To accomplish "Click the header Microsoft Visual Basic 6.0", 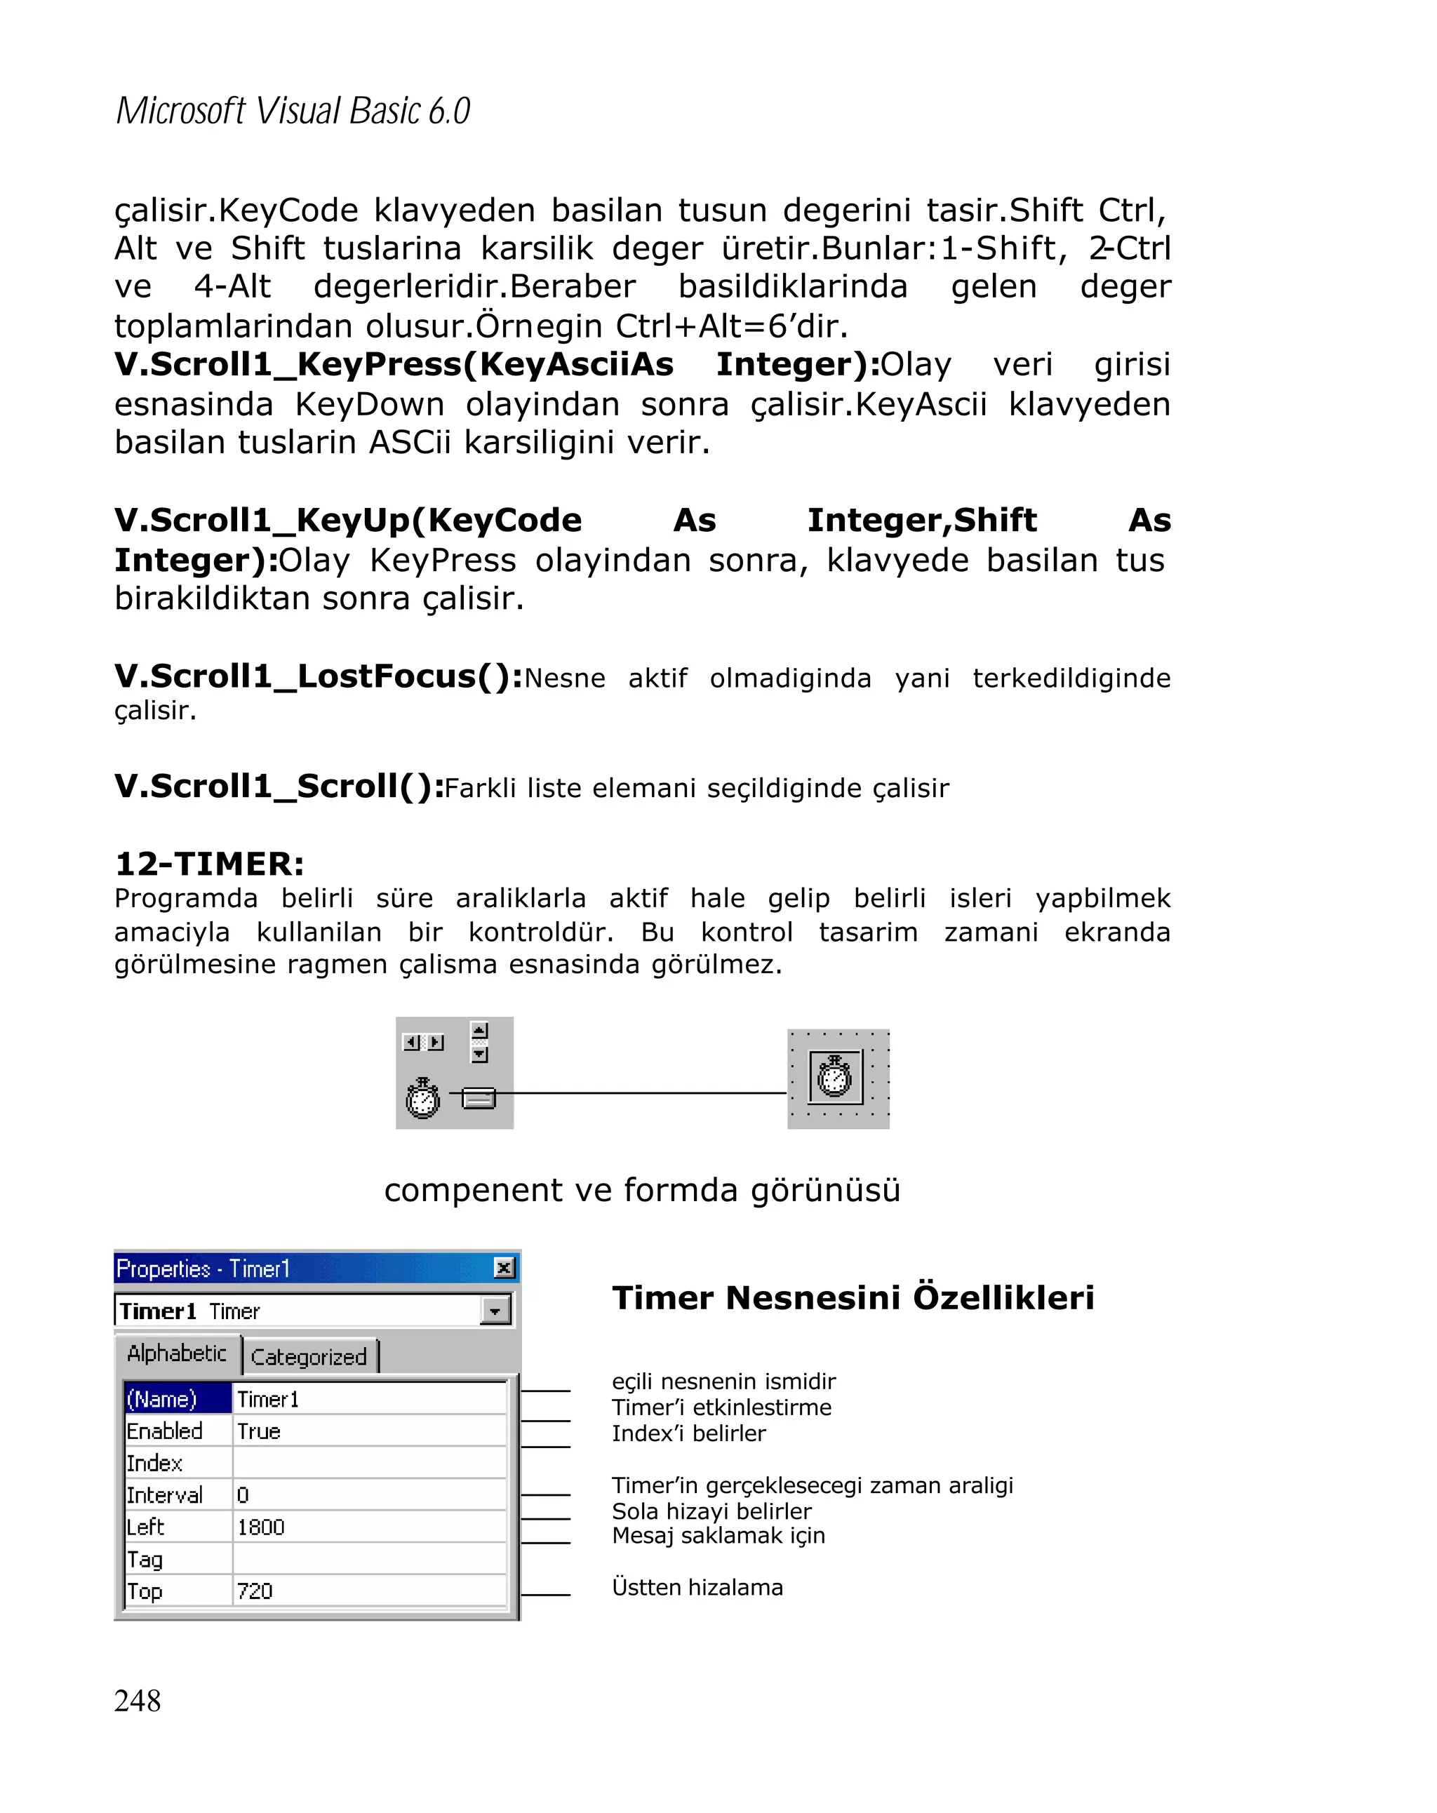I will pos(292,111).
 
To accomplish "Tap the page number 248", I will pos(137,1699).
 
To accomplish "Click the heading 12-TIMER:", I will pos(209,864).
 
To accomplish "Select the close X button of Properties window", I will pos(503,1267).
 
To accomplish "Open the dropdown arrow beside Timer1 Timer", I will pos(495,1310).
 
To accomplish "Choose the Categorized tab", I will pos(309,1356).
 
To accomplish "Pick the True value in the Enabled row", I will pos(258,1431).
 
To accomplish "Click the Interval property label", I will pos(165,1494).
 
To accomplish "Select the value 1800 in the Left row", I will pos(260,1526).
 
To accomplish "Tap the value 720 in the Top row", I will pos(255,1590).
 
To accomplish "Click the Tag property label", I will pos(145,1558).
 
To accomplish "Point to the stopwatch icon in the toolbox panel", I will pos(422,1097).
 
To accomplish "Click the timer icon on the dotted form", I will pos(834,1076).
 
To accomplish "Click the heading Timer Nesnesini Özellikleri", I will pos(853,1297).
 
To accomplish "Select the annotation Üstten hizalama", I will pos(697,1587).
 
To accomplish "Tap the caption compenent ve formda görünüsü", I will pos(641,1190).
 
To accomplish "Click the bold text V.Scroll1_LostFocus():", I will pos(319,676).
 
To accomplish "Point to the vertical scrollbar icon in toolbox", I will pos(479,1042).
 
